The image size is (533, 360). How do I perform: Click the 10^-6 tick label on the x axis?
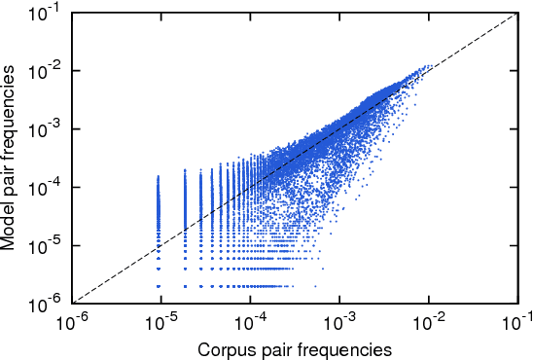pos(74,321)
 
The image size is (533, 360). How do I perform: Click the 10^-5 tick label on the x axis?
pos(162,321)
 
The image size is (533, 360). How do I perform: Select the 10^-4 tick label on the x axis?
pos(251,321)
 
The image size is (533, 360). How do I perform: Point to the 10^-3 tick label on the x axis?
pos(339,321)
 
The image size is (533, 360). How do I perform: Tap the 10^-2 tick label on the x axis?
pos(428,321)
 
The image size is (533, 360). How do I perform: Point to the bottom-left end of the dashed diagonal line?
pos(75,303)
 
